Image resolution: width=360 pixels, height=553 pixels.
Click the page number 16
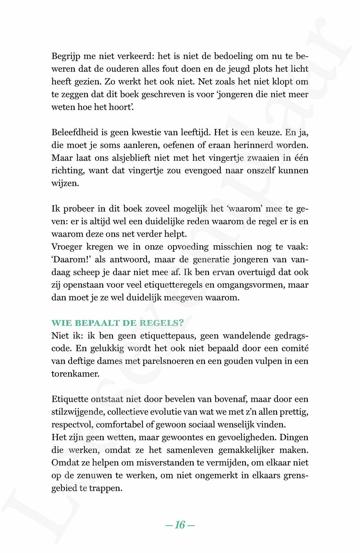(180, 525)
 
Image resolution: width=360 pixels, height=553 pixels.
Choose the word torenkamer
(75, 374)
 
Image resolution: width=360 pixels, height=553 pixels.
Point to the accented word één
(301, 158)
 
